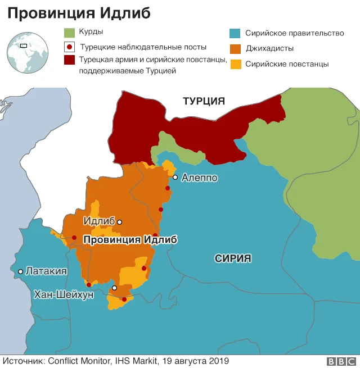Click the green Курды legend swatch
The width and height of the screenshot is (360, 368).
click(70, 33)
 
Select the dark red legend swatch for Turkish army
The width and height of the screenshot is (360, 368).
click(70, 60)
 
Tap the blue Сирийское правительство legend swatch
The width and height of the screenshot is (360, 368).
click(236, 33)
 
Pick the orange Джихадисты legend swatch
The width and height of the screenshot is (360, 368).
click(236, 49)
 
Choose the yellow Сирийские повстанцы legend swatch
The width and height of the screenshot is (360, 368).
click(236, 64)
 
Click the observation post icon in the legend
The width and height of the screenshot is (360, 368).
click(70, 47)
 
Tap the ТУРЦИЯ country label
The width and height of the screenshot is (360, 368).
click(204, 101)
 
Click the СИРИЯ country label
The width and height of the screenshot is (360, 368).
click(233, 258)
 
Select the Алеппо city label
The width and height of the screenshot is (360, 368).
click(199, 178)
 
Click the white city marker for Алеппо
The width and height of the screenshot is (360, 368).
click(175, 177)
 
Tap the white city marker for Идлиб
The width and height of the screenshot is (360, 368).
click(119, 222)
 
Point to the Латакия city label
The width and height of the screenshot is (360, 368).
click(46, 271)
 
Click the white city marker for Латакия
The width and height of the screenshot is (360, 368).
click(21, 271)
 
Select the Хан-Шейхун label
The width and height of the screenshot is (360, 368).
click(64, 294)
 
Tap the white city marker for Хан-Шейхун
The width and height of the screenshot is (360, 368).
click(115, 288)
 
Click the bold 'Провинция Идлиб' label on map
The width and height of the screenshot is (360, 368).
click(130, 240)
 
